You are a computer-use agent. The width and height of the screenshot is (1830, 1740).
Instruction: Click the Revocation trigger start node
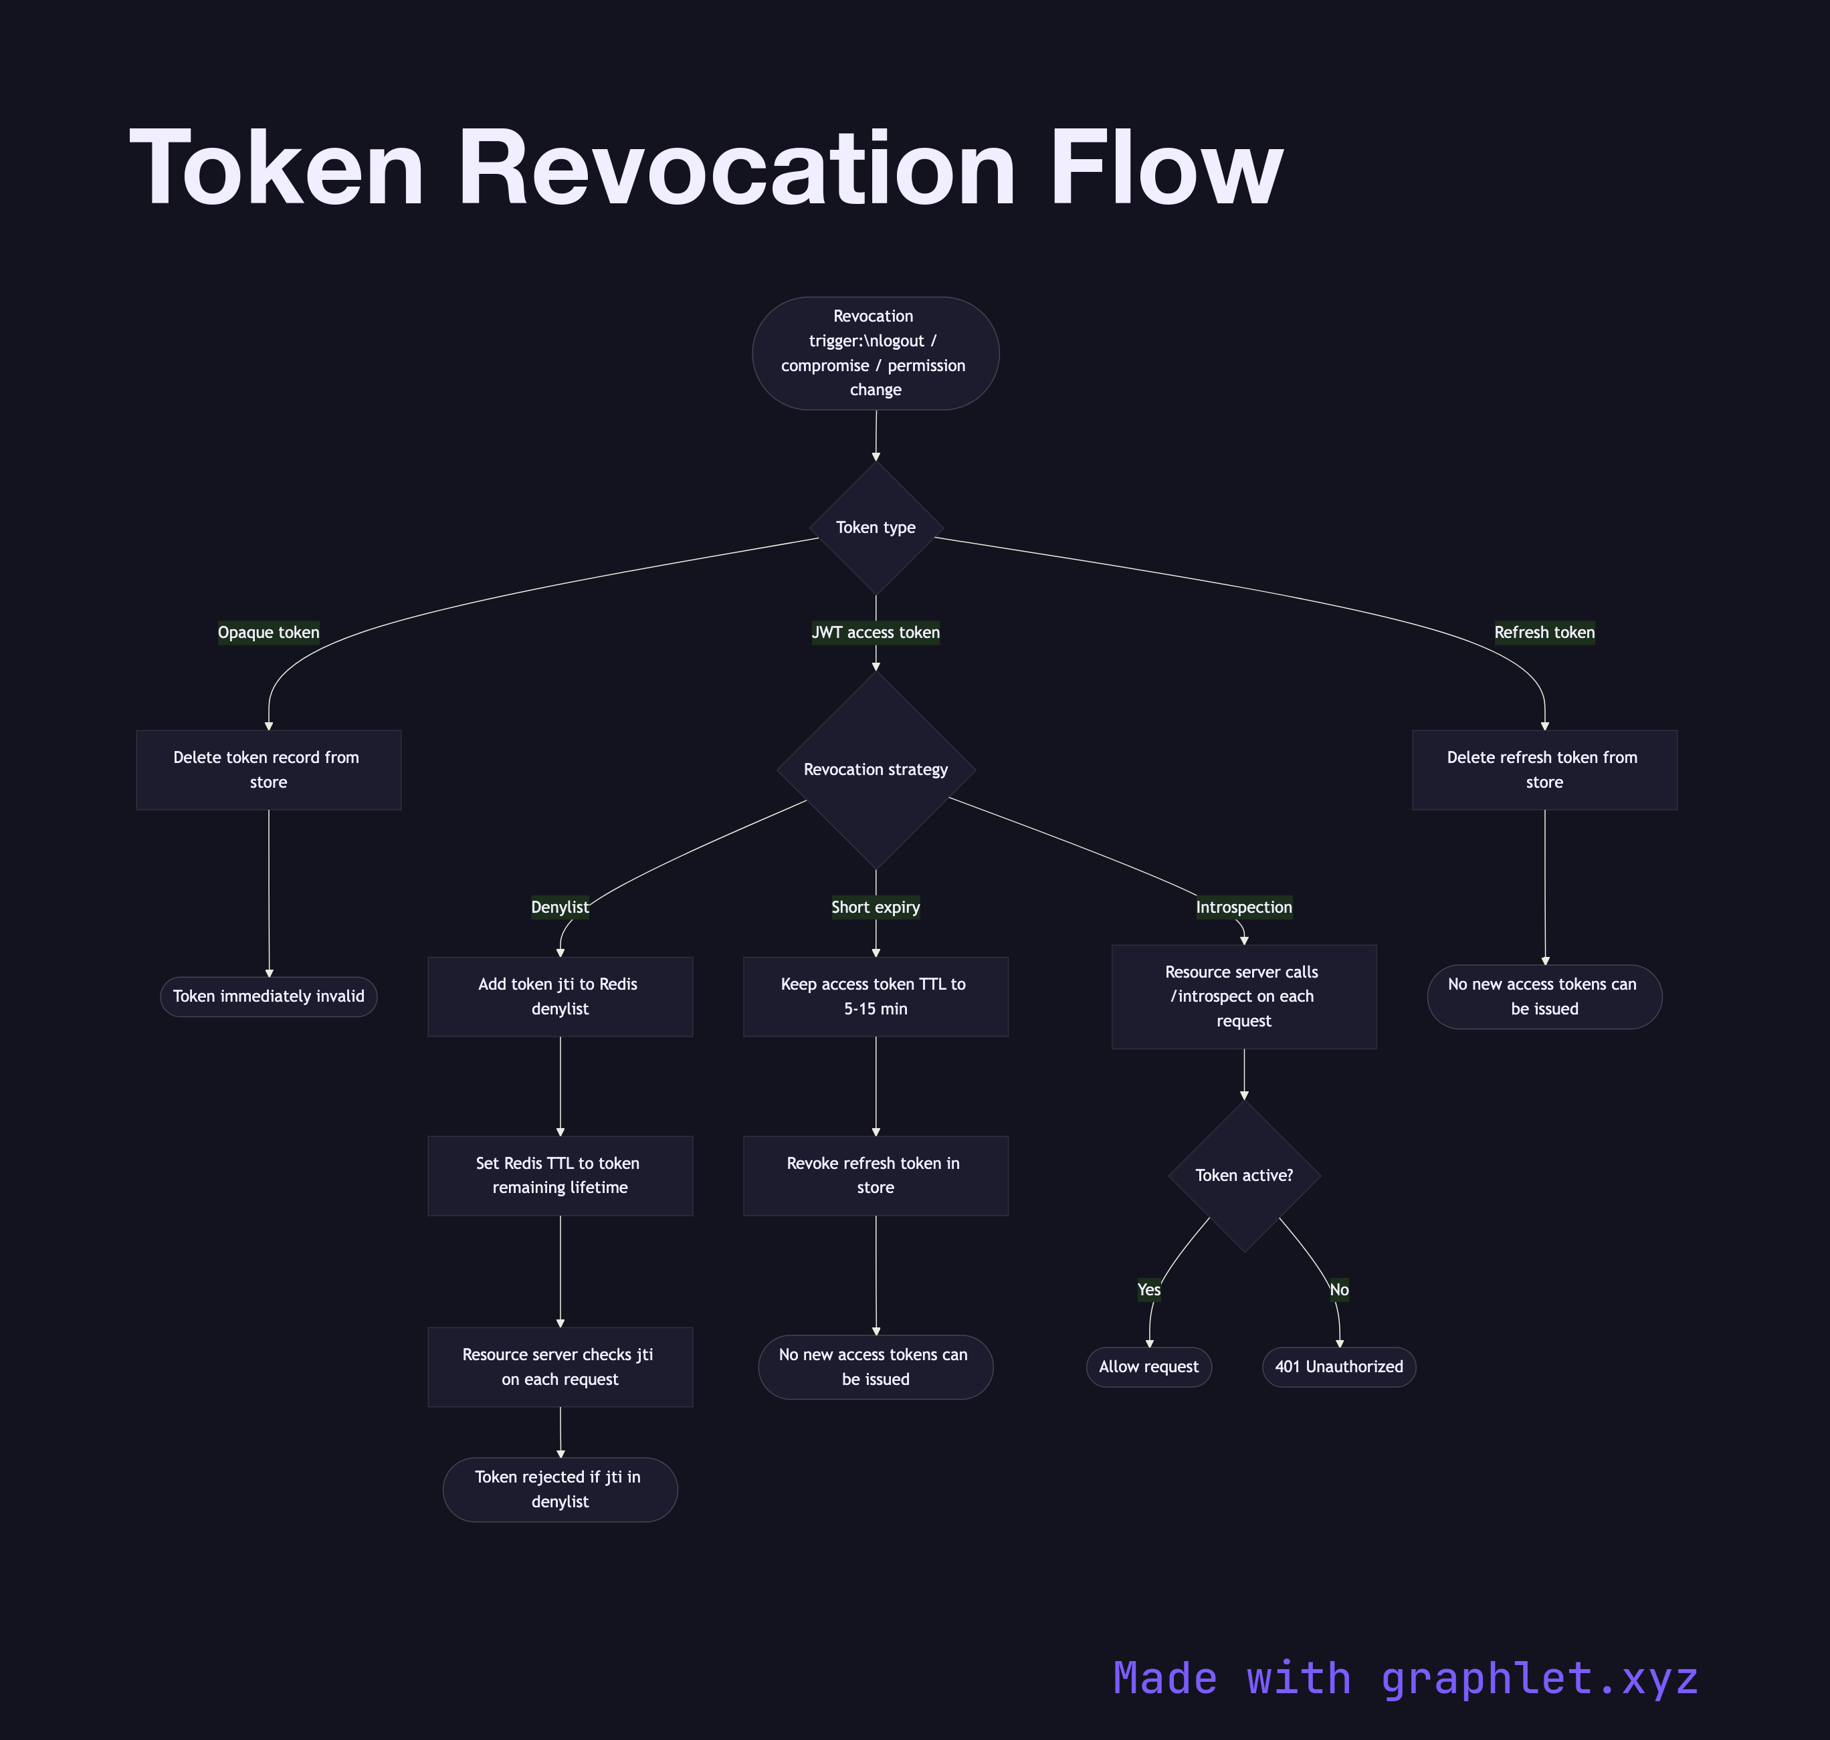(x=875, y=353)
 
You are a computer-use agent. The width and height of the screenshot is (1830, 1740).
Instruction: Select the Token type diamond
(x=876, y=528)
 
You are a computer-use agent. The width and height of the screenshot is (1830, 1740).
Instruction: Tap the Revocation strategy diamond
(x=876, y=770)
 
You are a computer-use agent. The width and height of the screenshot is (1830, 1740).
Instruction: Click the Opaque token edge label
(x=268, y=633)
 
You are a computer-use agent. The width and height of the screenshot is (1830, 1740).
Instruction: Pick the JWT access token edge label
(x=876, y=633)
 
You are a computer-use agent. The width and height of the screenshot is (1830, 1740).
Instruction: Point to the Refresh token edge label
(x=1544, y=633)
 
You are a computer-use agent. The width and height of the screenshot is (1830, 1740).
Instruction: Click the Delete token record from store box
(x=268, y=770)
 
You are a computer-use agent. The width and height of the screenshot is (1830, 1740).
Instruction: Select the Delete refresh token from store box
(x=1544, y=770)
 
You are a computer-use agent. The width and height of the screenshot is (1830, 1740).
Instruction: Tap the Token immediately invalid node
(x=268, y=996)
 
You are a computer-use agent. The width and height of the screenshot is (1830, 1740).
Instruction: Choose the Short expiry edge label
(x=876, y=907)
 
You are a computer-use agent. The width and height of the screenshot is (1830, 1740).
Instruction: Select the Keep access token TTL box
(x=876, y=996)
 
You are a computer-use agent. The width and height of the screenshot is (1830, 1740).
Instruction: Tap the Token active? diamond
(x=1244, y=1175)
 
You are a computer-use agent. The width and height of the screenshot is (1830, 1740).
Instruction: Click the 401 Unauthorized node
(x=1338, y=1367)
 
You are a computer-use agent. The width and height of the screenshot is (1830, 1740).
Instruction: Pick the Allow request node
(x=1148, y=1367)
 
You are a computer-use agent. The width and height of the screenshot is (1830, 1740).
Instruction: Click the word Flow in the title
(x=1166, y=169)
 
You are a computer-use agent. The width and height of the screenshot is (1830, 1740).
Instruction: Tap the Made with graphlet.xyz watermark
(x=1405, y=1678)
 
